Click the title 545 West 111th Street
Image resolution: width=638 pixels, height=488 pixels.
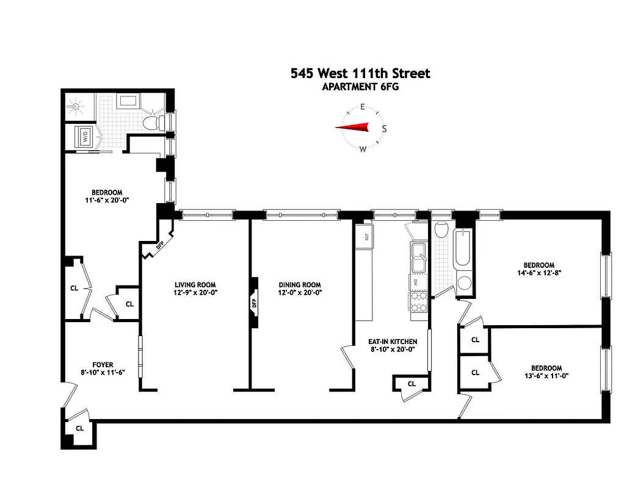(360, 73)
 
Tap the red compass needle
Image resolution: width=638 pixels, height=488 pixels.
(353, 127)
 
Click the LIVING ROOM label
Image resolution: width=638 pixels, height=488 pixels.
(195, 285)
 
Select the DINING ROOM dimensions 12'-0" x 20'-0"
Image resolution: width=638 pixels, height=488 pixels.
(300, 293)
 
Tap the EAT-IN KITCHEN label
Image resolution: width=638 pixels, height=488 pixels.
(393, 342)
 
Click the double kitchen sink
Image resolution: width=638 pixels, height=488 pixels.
(418, 258)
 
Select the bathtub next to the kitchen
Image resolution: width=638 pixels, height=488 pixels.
(462, 249)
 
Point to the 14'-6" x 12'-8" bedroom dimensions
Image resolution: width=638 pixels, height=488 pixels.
(538, 273)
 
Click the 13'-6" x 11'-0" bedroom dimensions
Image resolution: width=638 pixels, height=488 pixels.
(546, 376)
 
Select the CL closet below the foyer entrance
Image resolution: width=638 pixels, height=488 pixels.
(79, 428)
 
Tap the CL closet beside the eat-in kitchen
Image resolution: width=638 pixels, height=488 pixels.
(411, 384)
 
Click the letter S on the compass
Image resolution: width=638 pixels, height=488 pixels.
(384, 129)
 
